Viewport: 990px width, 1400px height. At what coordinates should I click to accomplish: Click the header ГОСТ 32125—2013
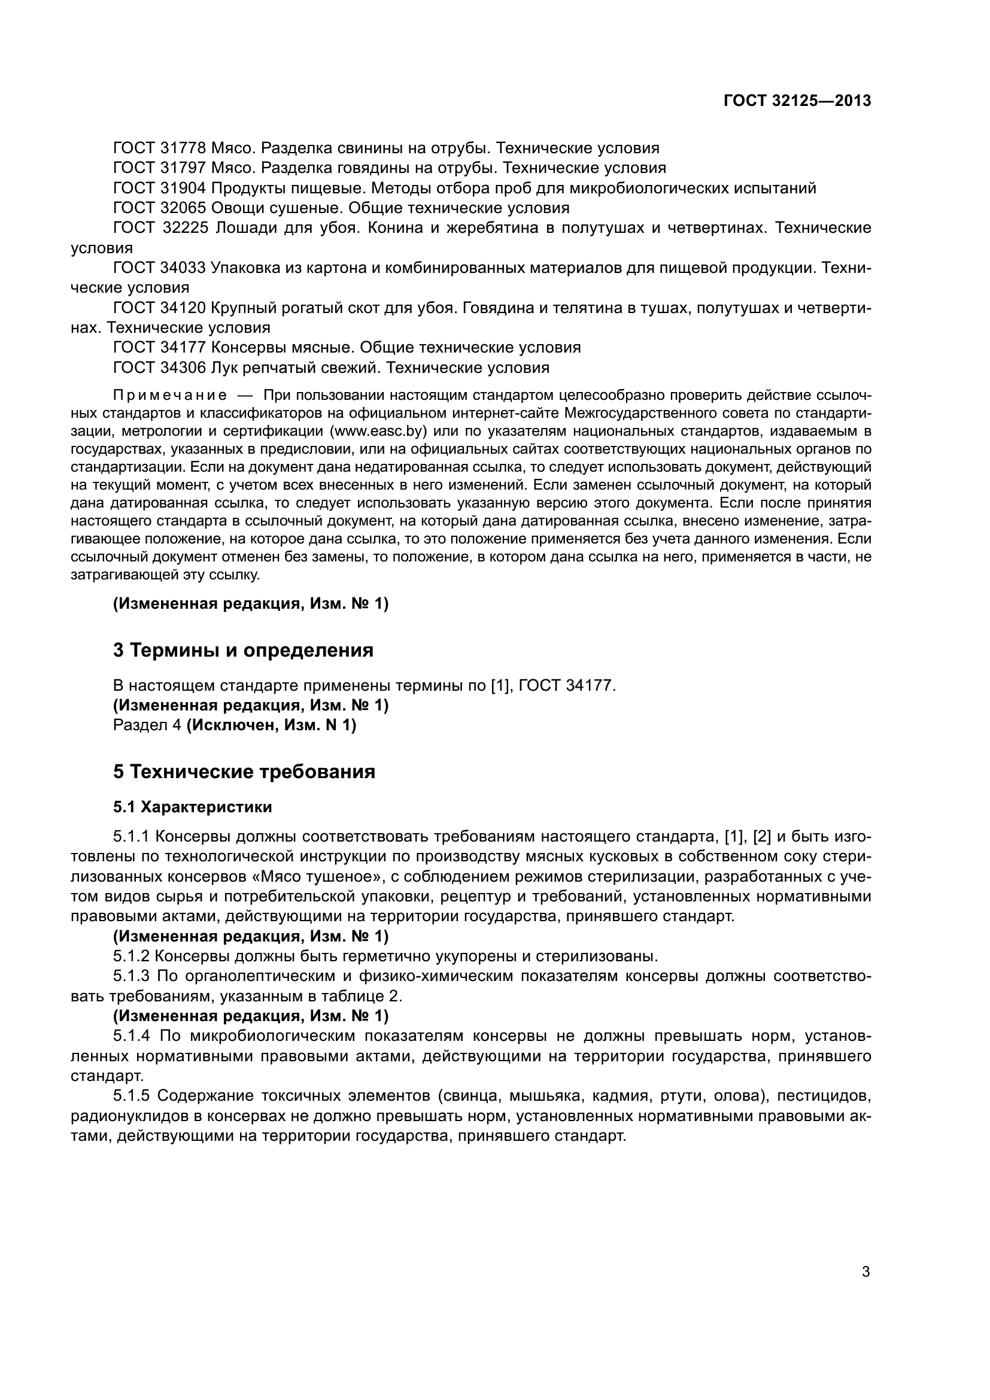(x=797, y=101)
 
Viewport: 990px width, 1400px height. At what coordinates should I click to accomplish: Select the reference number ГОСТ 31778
(x=160, y=148)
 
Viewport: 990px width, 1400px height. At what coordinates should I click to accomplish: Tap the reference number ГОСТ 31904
(x=160, y=188)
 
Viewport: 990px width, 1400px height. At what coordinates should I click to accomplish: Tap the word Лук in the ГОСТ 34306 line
(x=225, y=368)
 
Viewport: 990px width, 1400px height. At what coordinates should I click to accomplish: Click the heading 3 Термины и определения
(x=242, y=650)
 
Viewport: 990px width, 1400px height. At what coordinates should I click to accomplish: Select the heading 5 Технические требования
(x=244, y=772)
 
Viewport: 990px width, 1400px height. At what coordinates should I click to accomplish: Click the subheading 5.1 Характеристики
(x=192, y=807)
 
